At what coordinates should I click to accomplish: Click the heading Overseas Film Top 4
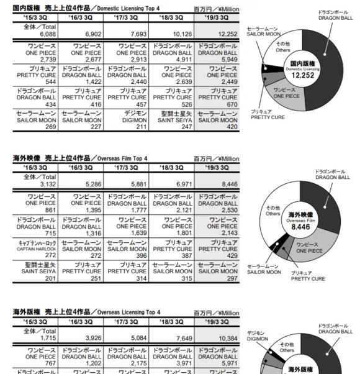tap(81, 158)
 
